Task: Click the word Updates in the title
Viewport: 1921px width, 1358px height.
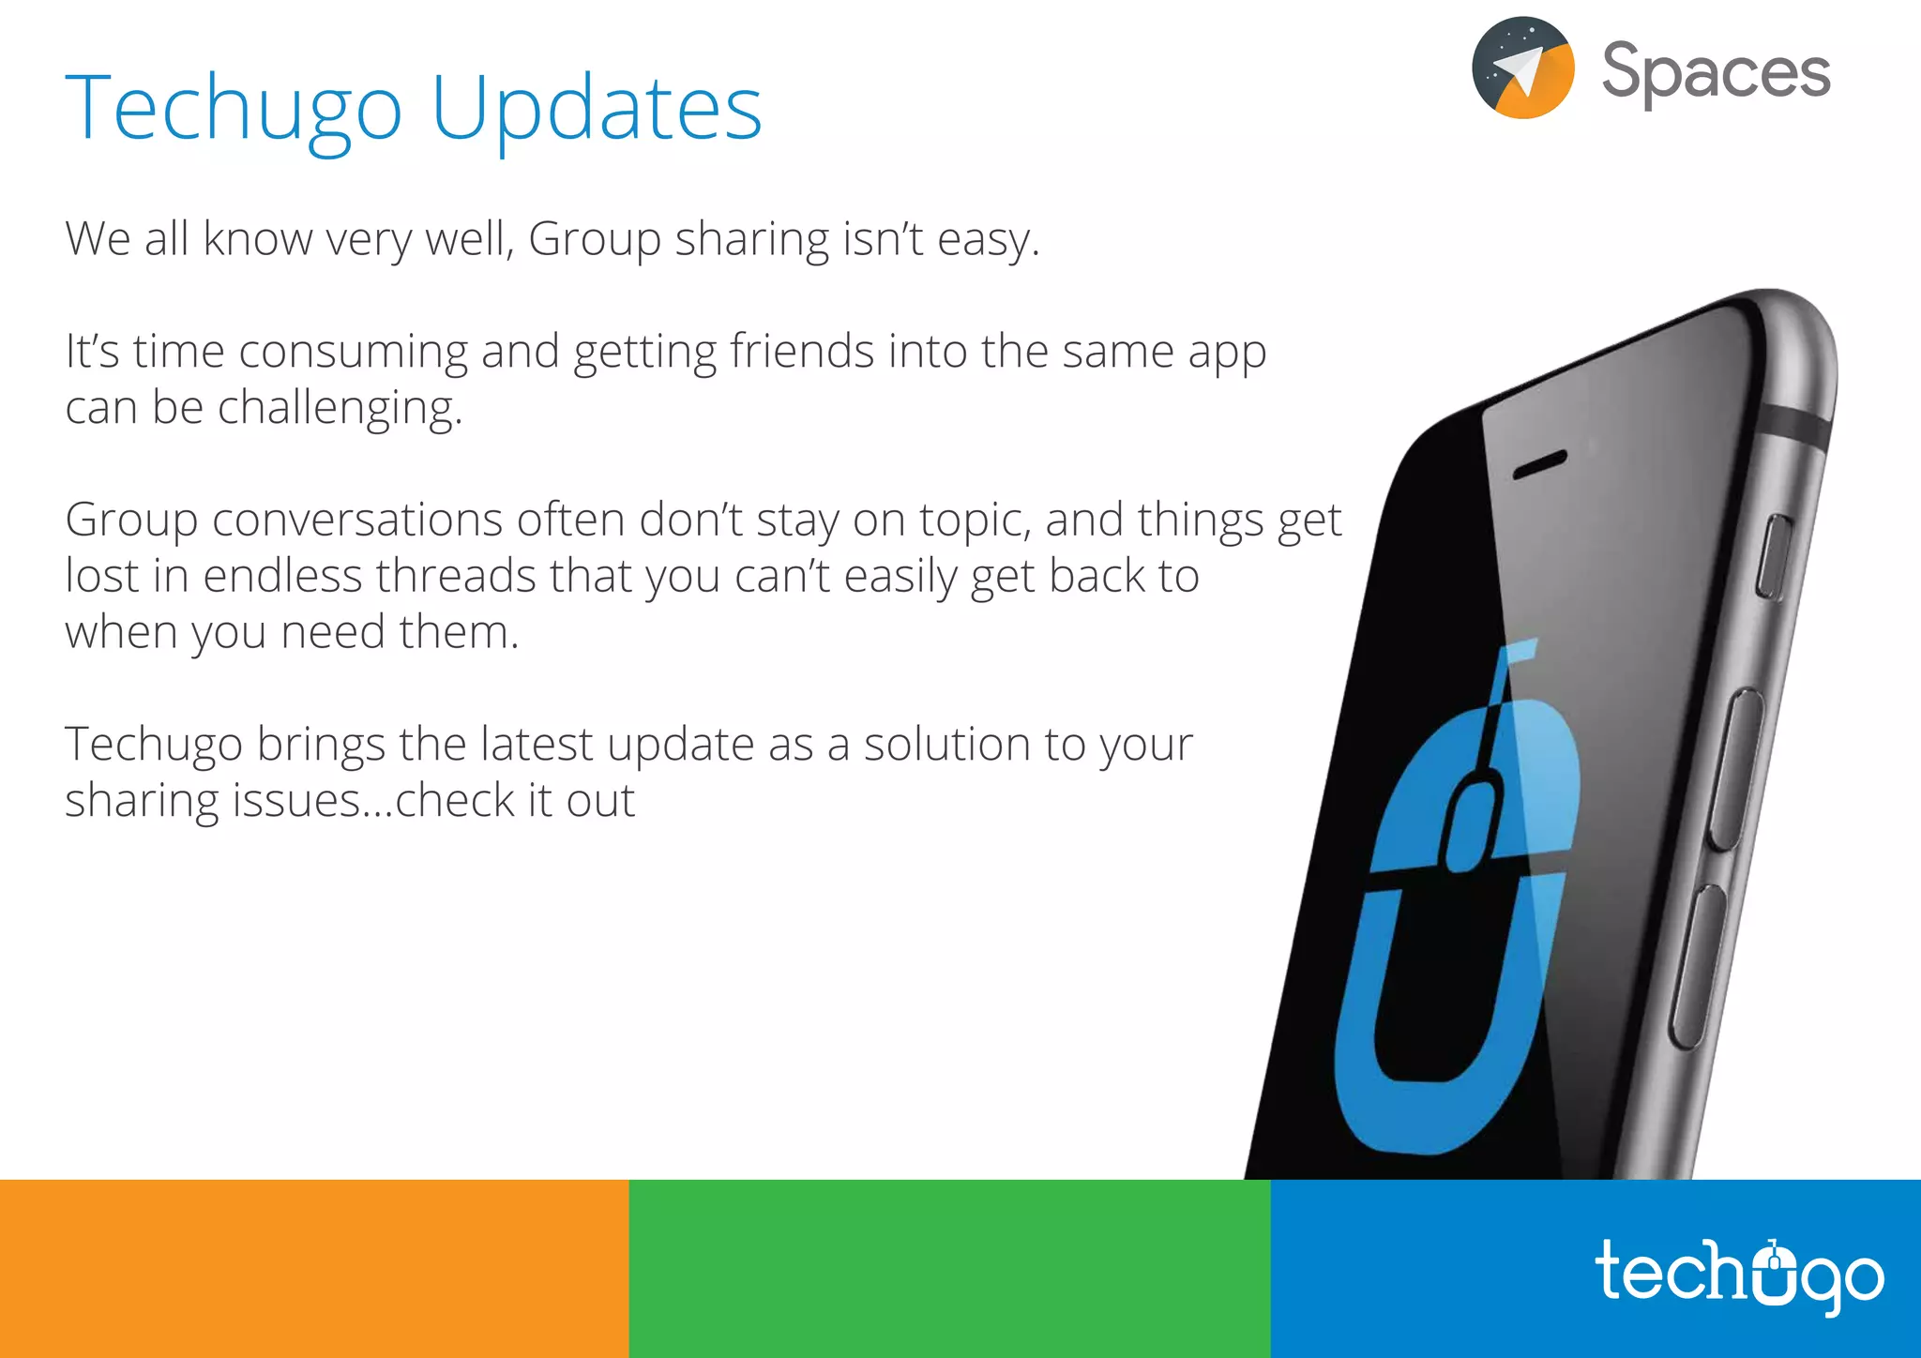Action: click(x=597, y=109)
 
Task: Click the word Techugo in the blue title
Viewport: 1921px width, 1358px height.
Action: click(x=234, y=111)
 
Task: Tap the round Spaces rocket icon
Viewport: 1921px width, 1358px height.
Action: click(x=1523, y=68)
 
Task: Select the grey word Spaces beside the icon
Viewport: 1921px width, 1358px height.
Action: click(x=1716, y=71)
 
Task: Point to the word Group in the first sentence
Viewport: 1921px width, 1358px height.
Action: click(x=595, y=239)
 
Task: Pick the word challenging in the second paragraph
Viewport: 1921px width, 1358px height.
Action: click(x=340, y=409)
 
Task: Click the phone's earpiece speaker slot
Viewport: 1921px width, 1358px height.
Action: click(x=1540, y=464)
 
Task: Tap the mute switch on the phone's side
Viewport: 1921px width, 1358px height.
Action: click(x=1773, y=557)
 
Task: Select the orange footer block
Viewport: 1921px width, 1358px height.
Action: click(x=314, y=1268)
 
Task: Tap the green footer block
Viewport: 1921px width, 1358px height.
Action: click(x=949, y=1268)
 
